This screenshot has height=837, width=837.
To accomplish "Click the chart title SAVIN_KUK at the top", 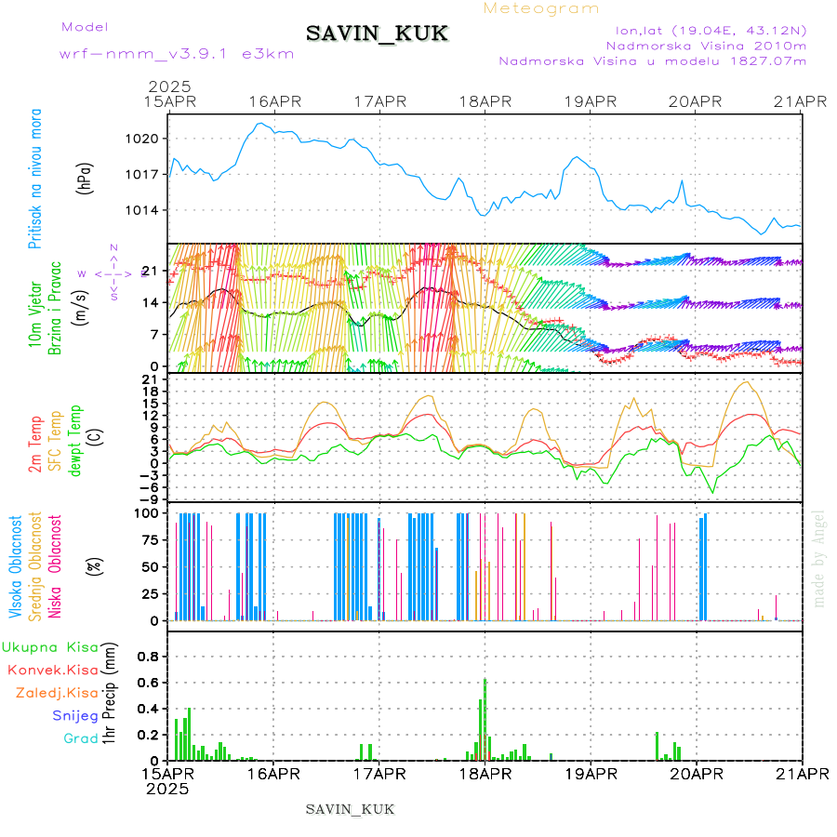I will tap(377, 34).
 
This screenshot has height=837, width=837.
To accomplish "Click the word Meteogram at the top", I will tap(542, 8).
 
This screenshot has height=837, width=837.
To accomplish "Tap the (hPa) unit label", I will tap(86, 177).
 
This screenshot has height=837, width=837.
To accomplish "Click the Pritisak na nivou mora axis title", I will tap(35, 178).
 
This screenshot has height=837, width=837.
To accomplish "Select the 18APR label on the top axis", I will tap(485, 100).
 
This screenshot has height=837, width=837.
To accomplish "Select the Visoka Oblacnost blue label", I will tap(16, 566).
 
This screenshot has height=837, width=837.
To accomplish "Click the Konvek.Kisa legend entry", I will tap(52, 670).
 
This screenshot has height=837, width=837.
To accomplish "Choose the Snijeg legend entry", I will tap(75, 715).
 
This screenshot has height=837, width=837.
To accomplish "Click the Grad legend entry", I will tap(80, 738).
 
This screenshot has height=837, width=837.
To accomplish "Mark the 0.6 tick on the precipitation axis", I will tap(148, 682).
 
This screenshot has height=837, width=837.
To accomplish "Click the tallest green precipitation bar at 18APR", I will tap(485, 720).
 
